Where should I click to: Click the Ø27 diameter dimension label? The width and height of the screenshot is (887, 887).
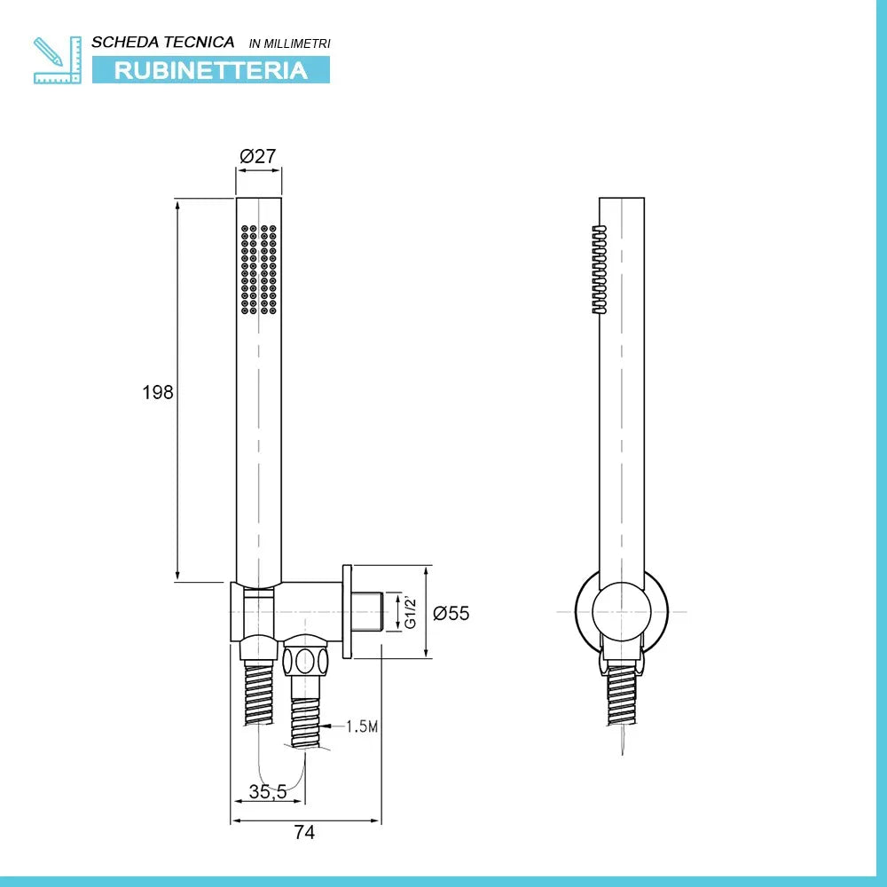click(x=258, y=156)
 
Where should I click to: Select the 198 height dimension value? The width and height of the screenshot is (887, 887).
click(x=158, y=392)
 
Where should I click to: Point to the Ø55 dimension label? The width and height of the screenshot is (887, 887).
click(x=451, y=613)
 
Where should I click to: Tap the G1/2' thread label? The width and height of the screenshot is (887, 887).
click(x=411, y=612)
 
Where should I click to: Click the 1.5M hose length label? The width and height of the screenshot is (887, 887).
click(x=362, y=727)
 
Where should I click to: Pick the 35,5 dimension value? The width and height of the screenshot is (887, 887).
click(x=267, y=792)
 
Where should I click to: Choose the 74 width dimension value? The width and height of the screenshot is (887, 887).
click(x=304, y=832)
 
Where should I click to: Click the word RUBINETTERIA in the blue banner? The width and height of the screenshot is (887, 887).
click(x=211, y=70)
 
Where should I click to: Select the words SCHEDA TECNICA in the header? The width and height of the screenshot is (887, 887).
click(x=163, y=42)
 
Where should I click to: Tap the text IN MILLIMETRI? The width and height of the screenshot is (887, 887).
click(x=290, y=43)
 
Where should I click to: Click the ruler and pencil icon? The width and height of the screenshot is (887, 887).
click(x=57, y=59)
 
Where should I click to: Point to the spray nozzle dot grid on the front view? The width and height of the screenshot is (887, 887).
click(x=258, y=268)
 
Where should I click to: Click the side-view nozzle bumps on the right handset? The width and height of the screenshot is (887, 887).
click(x=599, y=270)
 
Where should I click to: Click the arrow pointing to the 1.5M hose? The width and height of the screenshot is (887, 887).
click(x=329, y=727)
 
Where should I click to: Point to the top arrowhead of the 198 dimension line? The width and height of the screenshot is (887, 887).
click(x=177, y=205)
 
